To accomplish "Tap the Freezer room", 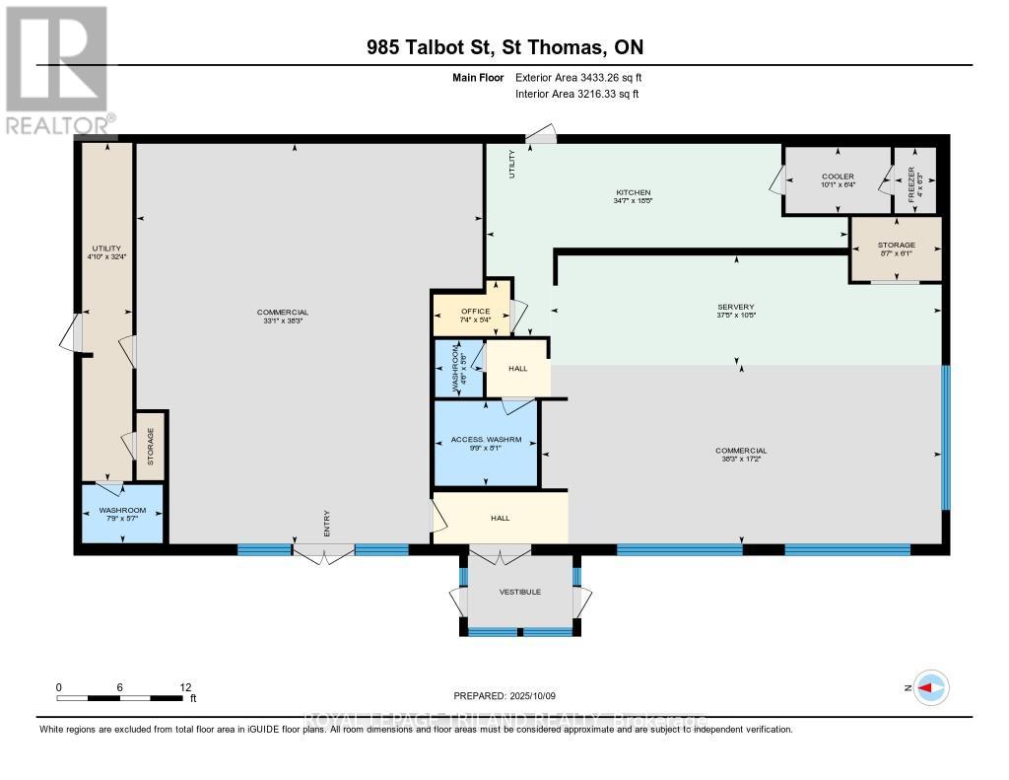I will click(x=913, y=179).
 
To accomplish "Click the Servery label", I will click(x=735, y=307).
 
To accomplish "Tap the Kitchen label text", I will click(x=632, y=192).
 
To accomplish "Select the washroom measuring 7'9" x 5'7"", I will click(x=121, y=513).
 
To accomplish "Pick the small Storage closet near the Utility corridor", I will click(x=150, y=446).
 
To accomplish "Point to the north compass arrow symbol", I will click(x=929, y=687).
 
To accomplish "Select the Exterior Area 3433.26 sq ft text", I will click(x=578, y=77).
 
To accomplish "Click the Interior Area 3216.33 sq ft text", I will click(x=577, y=94).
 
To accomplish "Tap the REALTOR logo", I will click(x=57, y=69).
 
